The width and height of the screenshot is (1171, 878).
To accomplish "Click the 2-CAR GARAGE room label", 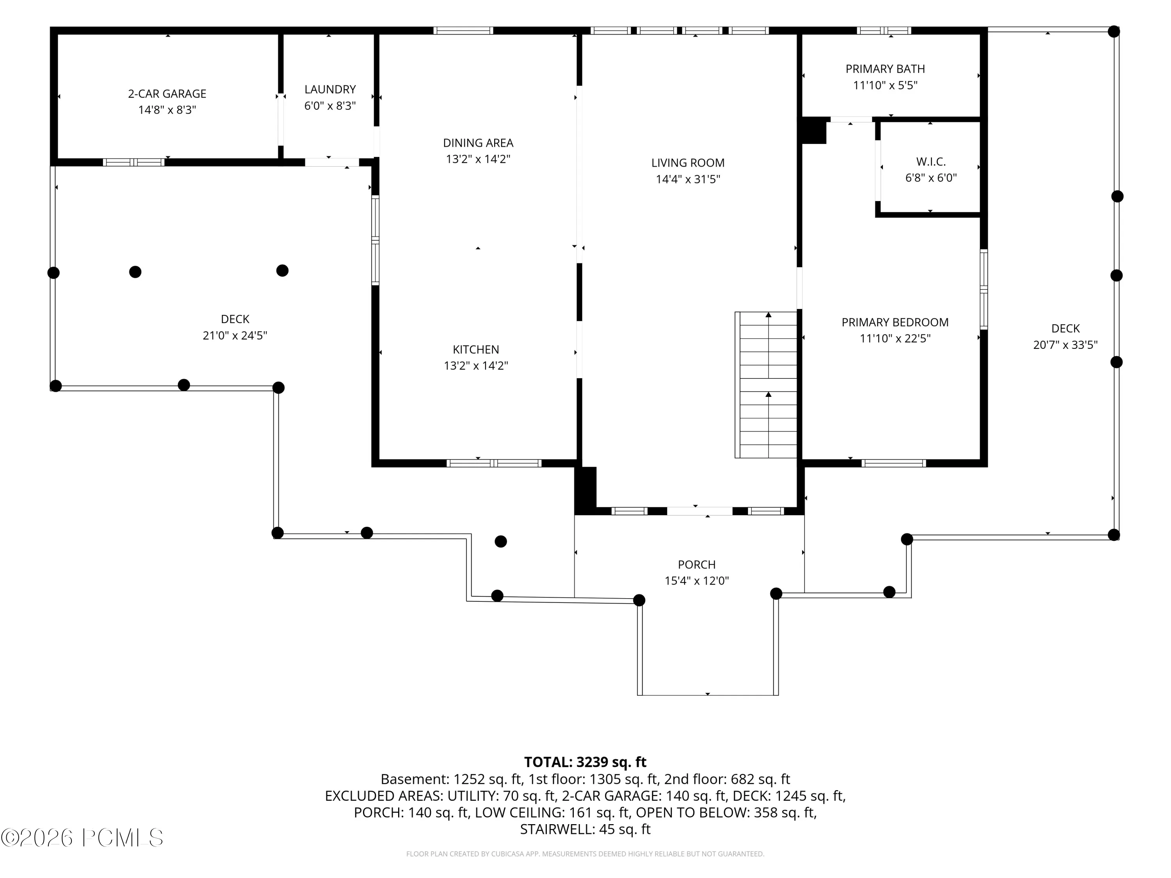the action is click(x=167, y=94).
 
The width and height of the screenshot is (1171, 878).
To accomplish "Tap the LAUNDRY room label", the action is click(x=330, y=89).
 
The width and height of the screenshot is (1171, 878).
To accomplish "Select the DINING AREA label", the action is click(x=478, y=143).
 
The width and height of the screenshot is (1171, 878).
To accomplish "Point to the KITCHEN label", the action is click(x=476, y=349).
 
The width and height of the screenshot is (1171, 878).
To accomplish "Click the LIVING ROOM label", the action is click(x=688, y=163).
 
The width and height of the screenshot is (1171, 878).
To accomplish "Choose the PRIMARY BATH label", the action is click(x=885, y=69).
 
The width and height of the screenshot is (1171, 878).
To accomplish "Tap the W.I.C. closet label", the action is click(x=931, y=162).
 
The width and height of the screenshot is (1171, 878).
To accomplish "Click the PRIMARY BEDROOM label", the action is click(x=895, y=322).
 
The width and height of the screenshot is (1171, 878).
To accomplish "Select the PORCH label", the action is click(x=697, y=565).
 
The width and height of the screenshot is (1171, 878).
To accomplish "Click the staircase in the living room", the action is click(x=766, y=385).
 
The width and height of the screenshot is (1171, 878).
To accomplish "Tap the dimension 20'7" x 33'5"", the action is click(x=1065, y=345).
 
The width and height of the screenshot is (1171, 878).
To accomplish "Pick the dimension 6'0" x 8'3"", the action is click(x=330, y=106).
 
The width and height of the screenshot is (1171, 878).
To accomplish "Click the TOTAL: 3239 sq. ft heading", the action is click(x=585, y=762).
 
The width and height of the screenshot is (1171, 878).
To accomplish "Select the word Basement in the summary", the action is click(x=415, y=779).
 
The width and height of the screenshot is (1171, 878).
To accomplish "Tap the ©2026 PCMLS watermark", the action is click(x=82, y=838).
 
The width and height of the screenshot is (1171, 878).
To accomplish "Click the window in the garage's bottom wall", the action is click(x=133, y=162).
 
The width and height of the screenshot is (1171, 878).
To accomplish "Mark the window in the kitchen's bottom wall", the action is click(x=494, y=464).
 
